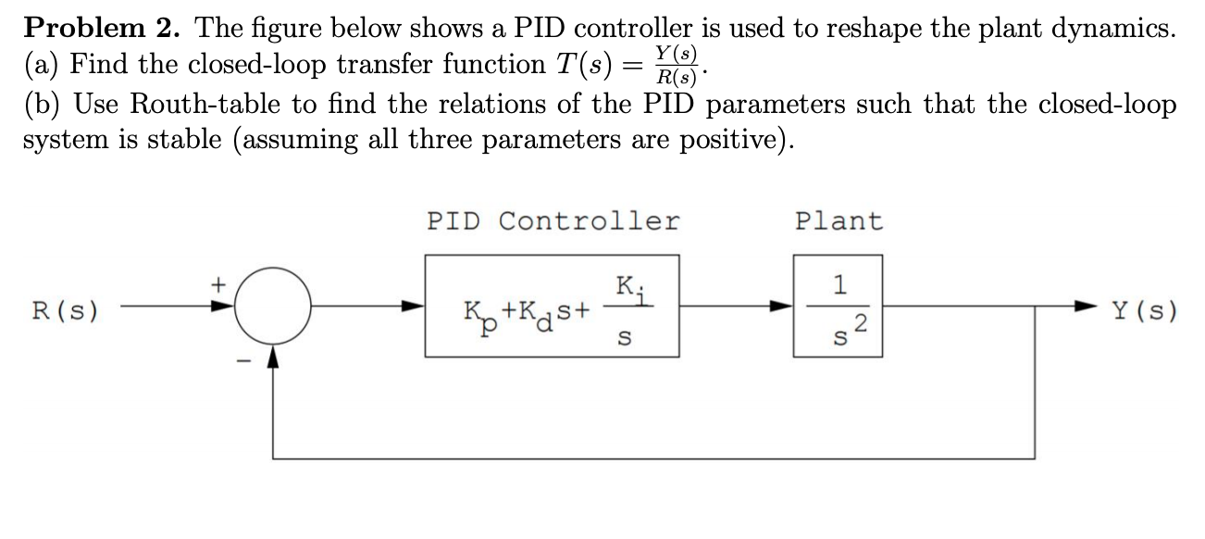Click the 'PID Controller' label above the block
point(553,221)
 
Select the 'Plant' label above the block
point(839,221)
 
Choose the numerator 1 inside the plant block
point(839,285)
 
